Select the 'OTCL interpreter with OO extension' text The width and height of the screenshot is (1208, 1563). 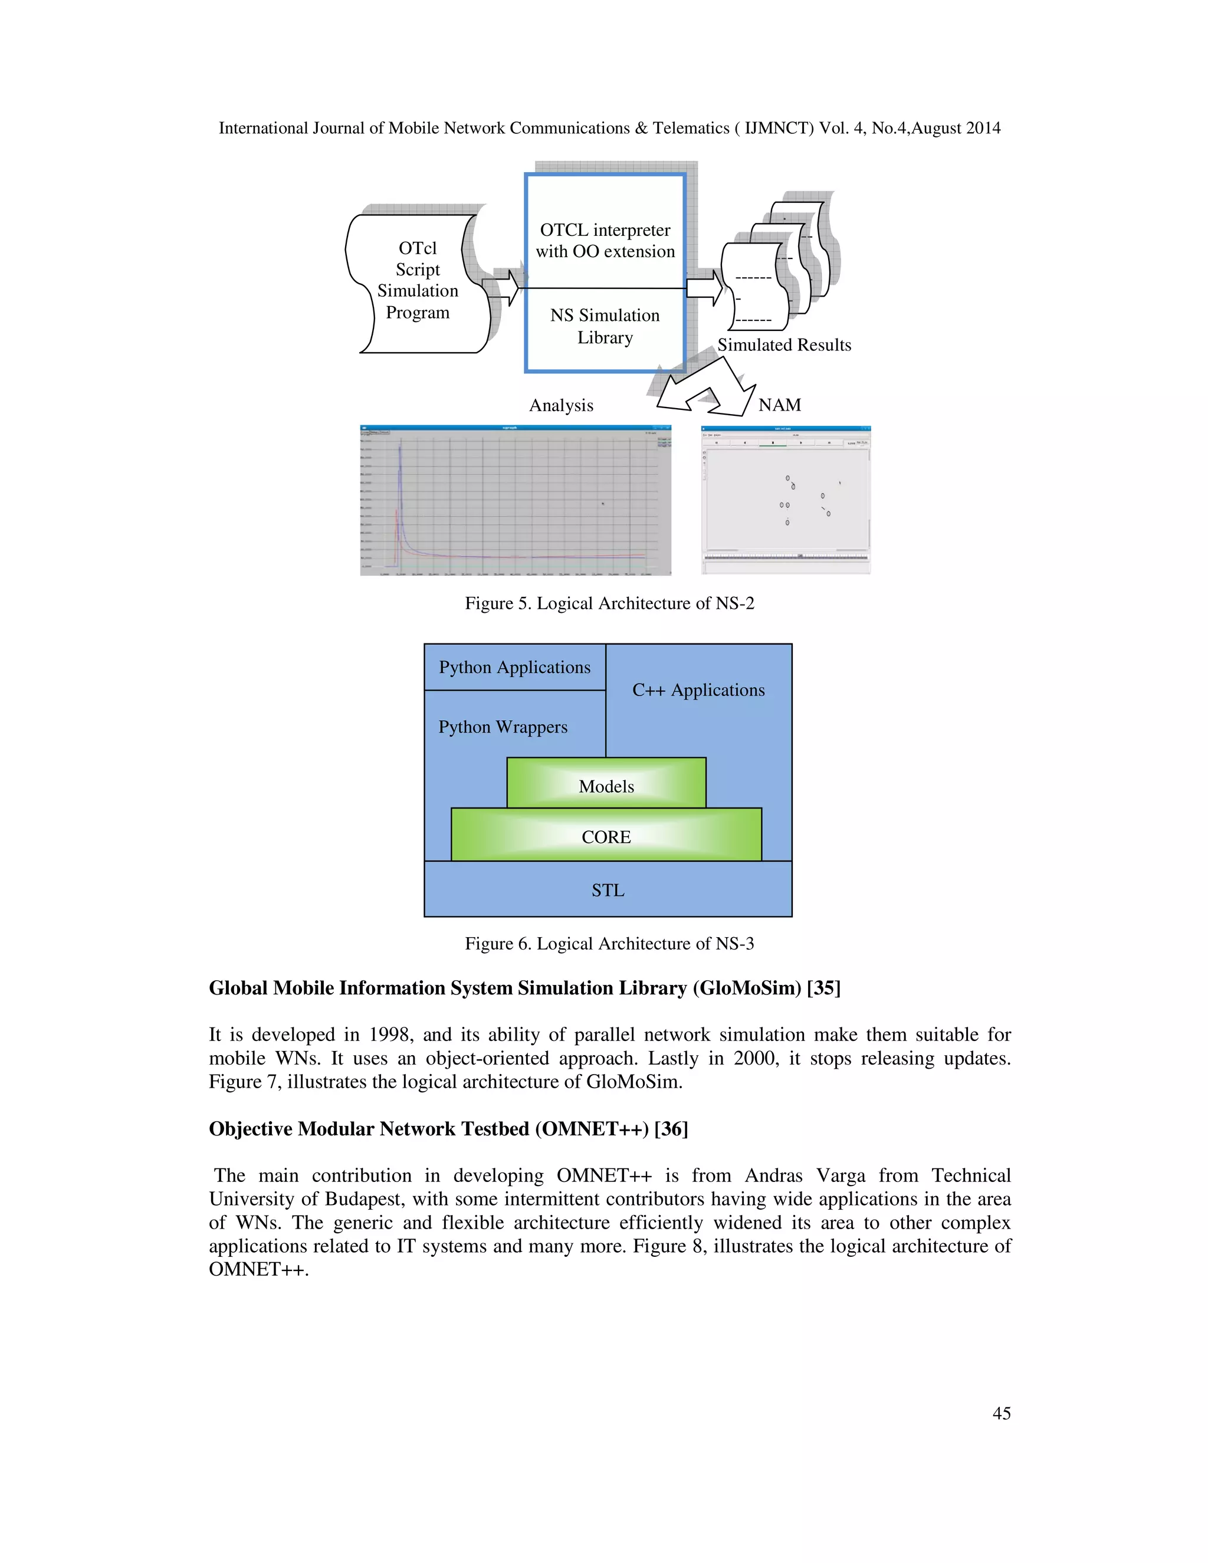pos(605,241)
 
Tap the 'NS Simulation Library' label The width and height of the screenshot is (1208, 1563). pos(605,326)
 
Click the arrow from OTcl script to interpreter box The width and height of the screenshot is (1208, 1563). pos(503,288)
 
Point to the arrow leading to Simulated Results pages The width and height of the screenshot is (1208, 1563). pos(705,288)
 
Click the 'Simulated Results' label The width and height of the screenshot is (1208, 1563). pos(784,345)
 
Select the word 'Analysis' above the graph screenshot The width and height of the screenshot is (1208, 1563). pos(561,406)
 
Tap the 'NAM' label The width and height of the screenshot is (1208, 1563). pos(779,405)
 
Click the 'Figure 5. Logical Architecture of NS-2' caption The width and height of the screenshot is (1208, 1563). pos(609,603)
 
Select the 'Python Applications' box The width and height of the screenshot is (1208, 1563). pos(514,667)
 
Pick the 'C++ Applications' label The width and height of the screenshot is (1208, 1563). pos(698,690)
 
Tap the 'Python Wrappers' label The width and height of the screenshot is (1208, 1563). pos(503,727)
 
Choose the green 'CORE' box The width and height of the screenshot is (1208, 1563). pos(606,836)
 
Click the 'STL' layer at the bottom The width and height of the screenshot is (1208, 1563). pos(608,890)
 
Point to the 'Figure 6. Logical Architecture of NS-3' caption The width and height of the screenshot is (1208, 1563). pos(609,943)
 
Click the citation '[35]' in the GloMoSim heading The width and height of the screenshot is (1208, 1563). pos(823,989)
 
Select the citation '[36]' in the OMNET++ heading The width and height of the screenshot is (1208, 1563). pos(671,1129)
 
